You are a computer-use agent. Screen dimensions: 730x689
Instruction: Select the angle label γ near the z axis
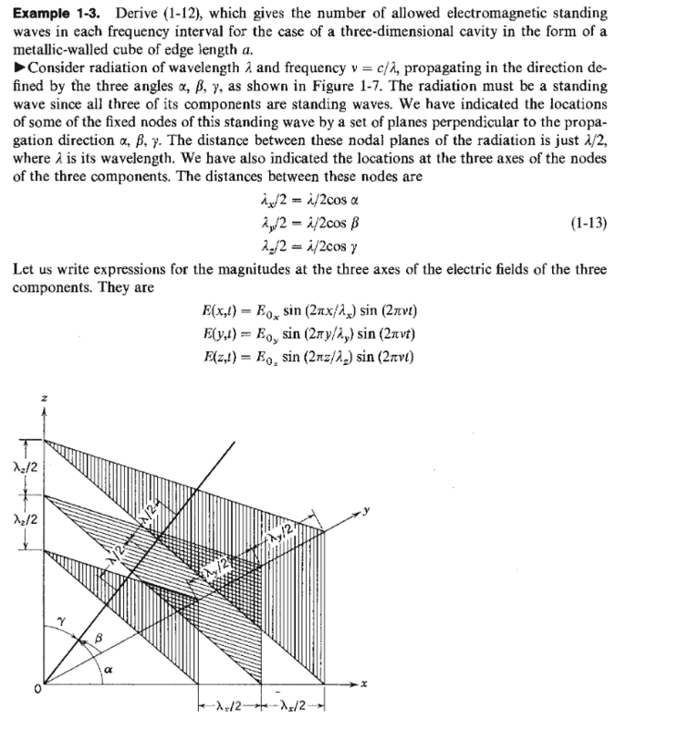click(60, 620)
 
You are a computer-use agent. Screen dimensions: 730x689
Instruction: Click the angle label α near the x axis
click(108, 669)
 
